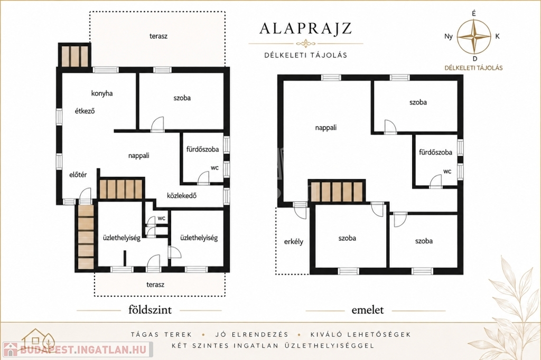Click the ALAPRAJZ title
[305, 29]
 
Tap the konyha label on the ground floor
[102, 93]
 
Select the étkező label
[85, 111]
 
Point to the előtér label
[78, 175]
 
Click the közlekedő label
[182, 195]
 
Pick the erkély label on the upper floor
[294, 241]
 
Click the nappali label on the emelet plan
[325, 128]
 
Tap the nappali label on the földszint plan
[139, 156]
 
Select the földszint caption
[150, 310]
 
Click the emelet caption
[368, 310]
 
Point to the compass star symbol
[474, 36]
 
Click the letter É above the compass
[474, 13]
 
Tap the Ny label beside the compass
[449, 36]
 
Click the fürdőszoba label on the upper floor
[435, 152]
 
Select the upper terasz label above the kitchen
[158, 36]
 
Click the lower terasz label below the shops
[155, 285]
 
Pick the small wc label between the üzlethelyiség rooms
[162, 219]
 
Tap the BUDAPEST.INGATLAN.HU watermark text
[83, 349]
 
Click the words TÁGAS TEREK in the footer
[162, 335]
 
